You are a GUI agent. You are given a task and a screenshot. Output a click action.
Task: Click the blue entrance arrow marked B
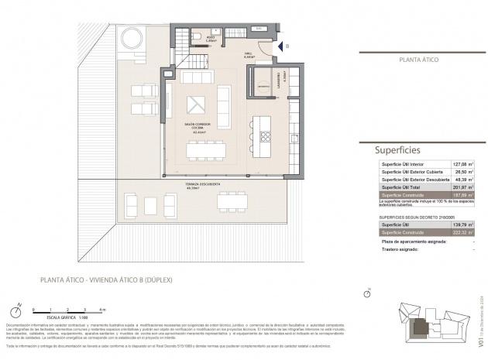(280, 46)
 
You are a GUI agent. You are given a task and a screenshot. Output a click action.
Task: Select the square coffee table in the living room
(197, 102)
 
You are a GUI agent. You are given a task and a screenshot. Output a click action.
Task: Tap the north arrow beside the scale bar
(19, 307)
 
